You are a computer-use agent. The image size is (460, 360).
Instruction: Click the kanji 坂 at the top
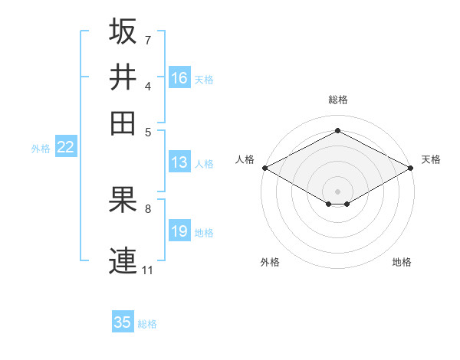pos(123,31)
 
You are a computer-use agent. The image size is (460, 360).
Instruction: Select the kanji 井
pos(123,77)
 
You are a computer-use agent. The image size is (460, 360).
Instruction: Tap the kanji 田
pos(123,123)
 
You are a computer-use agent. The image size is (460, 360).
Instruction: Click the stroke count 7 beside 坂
pos(147,40)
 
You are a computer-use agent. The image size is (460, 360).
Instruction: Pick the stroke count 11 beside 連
pos(147,270)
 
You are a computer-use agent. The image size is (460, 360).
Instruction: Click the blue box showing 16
pos(179,78)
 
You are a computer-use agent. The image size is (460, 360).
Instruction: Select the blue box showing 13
pos(179,162)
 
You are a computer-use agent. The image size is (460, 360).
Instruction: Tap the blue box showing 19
pos(179,231)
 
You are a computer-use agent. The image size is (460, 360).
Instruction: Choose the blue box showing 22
pos(65,148)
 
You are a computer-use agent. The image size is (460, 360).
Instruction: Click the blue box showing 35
pos(123,322)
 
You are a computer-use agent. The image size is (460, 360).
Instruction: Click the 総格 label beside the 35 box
pos(147,324)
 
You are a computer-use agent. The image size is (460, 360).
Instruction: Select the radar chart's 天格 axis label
pos(431,159)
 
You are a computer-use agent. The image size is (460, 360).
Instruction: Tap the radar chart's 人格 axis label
pos(245,159)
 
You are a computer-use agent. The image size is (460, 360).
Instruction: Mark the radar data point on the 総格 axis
pos(337,131)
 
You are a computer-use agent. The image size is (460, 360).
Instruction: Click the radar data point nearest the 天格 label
pos(411,168)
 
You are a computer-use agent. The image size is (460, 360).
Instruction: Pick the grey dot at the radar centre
pos(337,190)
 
